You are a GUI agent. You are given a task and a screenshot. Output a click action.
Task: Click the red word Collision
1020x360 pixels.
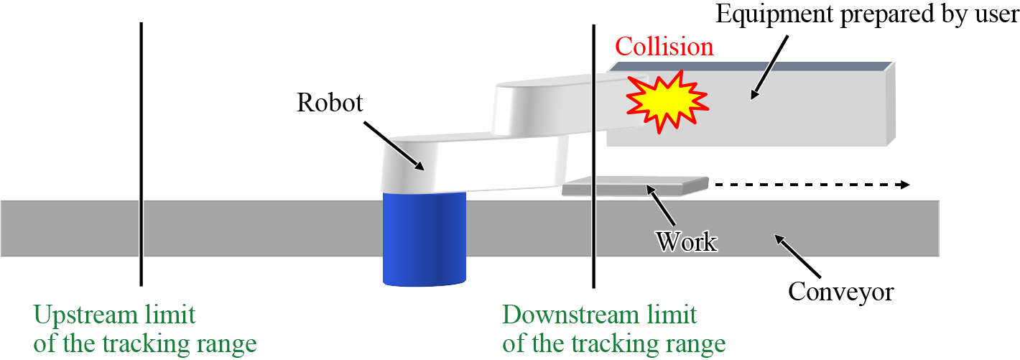pos(664,47)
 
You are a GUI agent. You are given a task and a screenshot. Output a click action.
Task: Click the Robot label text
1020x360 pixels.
pos(330,103)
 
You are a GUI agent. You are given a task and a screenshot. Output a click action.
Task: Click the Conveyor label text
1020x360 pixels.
pos(840,292)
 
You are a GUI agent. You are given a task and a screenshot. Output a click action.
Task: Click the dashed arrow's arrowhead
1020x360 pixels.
pos(904,185)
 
